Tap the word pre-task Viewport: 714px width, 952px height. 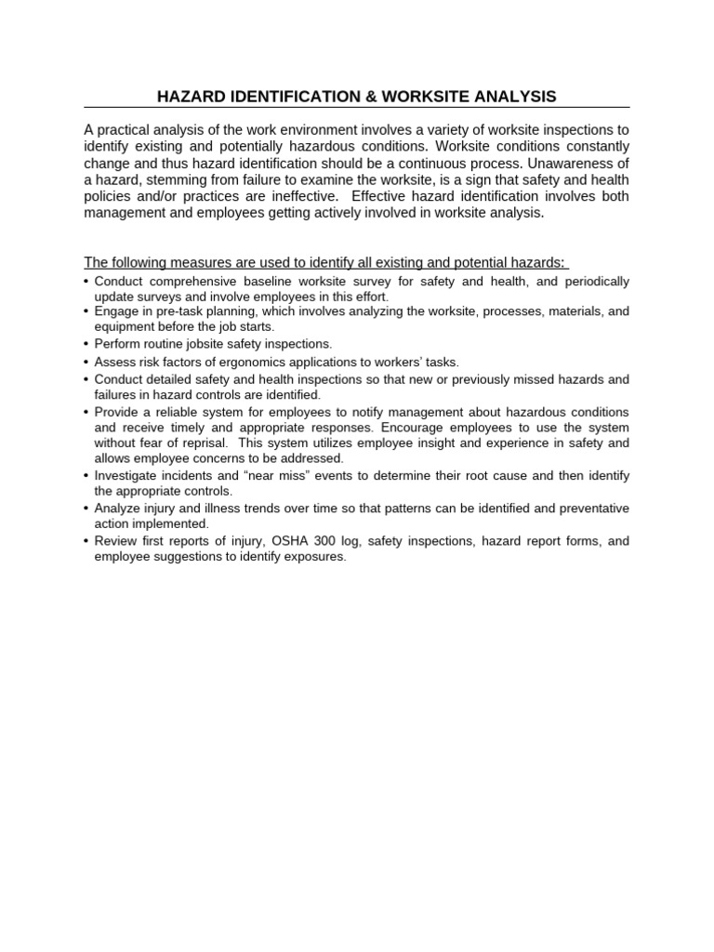click(x=180, y=311)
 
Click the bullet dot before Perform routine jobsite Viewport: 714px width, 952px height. click(x=86, y=344)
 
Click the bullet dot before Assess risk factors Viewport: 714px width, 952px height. click(x=86, y=362)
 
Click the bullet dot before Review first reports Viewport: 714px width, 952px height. click(x=86, y=540)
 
